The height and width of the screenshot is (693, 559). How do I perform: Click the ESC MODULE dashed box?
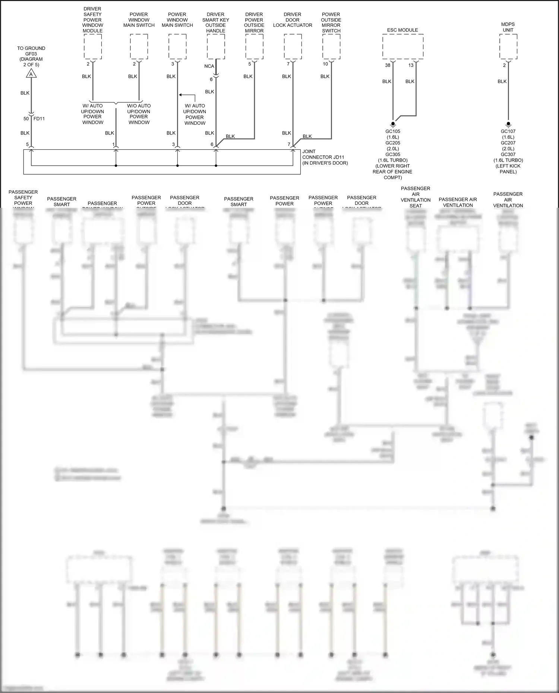click(x=402, y=47)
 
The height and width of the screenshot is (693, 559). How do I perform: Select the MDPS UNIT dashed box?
click(x=508, y=47)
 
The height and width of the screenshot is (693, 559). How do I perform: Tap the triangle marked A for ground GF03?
click(x=31, y=74)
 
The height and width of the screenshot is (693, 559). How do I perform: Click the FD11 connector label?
click(x=39, y=119)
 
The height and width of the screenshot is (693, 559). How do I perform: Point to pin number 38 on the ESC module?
click(x=388, y=65)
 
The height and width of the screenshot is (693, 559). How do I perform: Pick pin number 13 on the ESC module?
click(x=411, y=65)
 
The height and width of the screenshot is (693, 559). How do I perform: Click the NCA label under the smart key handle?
click(x=209, y=66)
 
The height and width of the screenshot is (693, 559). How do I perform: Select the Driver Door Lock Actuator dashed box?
click(x=293, y=47)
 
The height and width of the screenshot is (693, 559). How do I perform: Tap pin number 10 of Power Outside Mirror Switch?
click(x=325, y=64)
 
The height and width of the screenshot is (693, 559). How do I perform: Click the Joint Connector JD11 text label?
click(x=325, y=157)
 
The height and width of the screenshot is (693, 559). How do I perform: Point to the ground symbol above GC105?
click(x=393, y=124)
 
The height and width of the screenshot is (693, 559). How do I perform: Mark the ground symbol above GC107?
click(x=508, y=124)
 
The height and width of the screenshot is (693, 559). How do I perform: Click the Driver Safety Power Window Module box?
click(x=93, y=47)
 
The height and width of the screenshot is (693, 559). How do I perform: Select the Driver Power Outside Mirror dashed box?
click(x=254, y=47)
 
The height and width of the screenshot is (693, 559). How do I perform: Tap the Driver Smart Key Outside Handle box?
click(x=216, y=47)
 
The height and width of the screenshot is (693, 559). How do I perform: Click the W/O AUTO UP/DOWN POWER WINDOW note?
click(x=139, y=114)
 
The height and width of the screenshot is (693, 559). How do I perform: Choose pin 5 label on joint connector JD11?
click(x=27, y=144)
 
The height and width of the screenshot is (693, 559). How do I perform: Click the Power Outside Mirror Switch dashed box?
click(x=331, y=47)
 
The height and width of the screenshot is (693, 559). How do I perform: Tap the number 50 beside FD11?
click(x=26, y=119)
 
